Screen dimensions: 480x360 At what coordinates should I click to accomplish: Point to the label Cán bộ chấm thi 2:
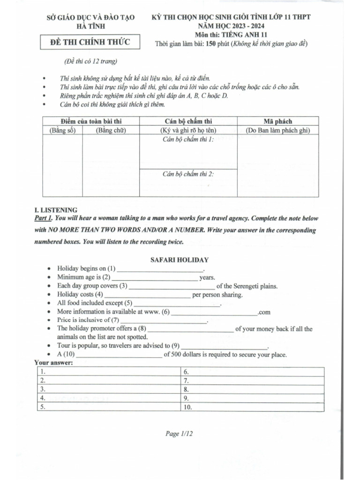(x=188, y=174)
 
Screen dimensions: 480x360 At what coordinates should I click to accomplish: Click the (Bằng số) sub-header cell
(x=62, y=130)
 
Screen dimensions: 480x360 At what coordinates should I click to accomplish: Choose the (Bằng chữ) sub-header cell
(x=111, y=130)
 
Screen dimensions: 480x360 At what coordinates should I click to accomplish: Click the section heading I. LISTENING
(x=56, y=210)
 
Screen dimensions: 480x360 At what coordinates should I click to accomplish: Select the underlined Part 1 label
(x=44, y=218)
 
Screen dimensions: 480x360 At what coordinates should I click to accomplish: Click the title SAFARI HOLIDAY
(x=180, y=259)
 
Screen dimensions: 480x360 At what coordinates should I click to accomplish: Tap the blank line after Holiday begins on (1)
(x=160, y=270)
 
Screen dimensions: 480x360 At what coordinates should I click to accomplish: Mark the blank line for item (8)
(x=190, y=330)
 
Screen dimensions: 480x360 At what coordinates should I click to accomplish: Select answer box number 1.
(x=108, y=371)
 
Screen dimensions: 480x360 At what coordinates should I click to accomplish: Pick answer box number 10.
(x=252, y=407)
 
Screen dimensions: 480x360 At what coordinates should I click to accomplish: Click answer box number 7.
(x=252, y=380)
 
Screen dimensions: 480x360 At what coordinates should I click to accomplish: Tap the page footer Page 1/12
(x=180, y=434)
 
